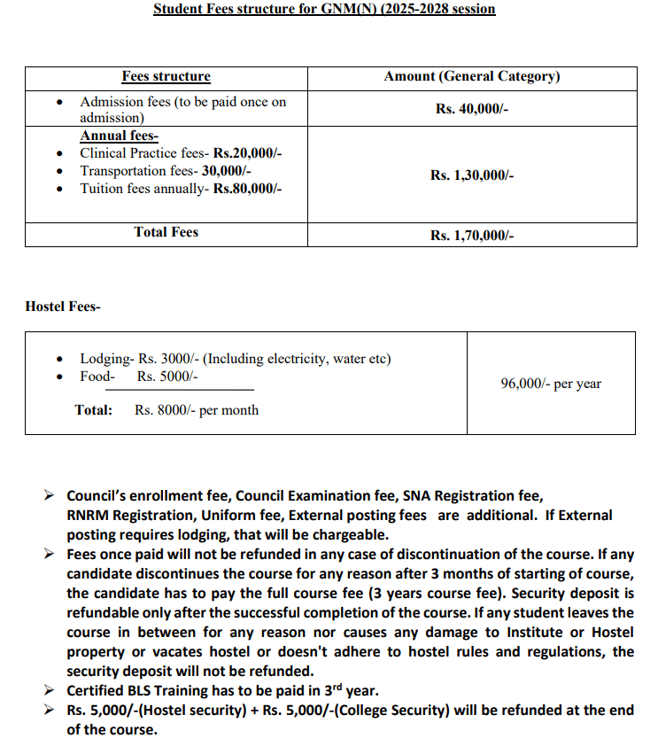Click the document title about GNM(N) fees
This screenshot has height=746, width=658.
(x=324, y=9)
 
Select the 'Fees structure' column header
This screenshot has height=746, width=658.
(x=166, y=77)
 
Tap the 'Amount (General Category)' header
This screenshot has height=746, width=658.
(x=471, y=77)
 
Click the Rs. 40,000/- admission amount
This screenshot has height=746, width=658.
(x=472, y=110)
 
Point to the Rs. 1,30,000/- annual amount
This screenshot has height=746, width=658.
(x=472, y=175)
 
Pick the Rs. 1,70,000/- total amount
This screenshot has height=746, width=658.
(x=472, y=235)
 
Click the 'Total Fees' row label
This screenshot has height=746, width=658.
(x=166, y=232)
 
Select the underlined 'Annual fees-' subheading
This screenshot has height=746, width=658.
(x=119, y=136)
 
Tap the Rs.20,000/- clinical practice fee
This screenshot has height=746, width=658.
(x=247, y=153)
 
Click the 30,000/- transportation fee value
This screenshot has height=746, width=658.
(x=227, y=171)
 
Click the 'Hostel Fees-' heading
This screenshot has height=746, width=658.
(x=63, y=307)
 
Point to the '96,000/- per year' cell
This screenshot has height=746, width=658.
(x=550, y=384)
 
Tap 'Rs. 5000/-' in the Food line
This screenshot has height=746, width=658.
(x=167, y=377)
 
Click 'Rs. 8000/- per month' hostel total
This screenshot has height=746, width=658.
(x=197, y=410)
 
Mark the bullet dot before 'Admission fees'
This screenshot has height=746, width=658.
(x=59, y=103)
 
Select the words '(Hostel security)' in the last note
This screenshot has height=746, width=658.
(x=178, y=711)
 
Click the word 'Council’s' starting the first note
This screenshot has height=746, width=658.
(x=97, y=496)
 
